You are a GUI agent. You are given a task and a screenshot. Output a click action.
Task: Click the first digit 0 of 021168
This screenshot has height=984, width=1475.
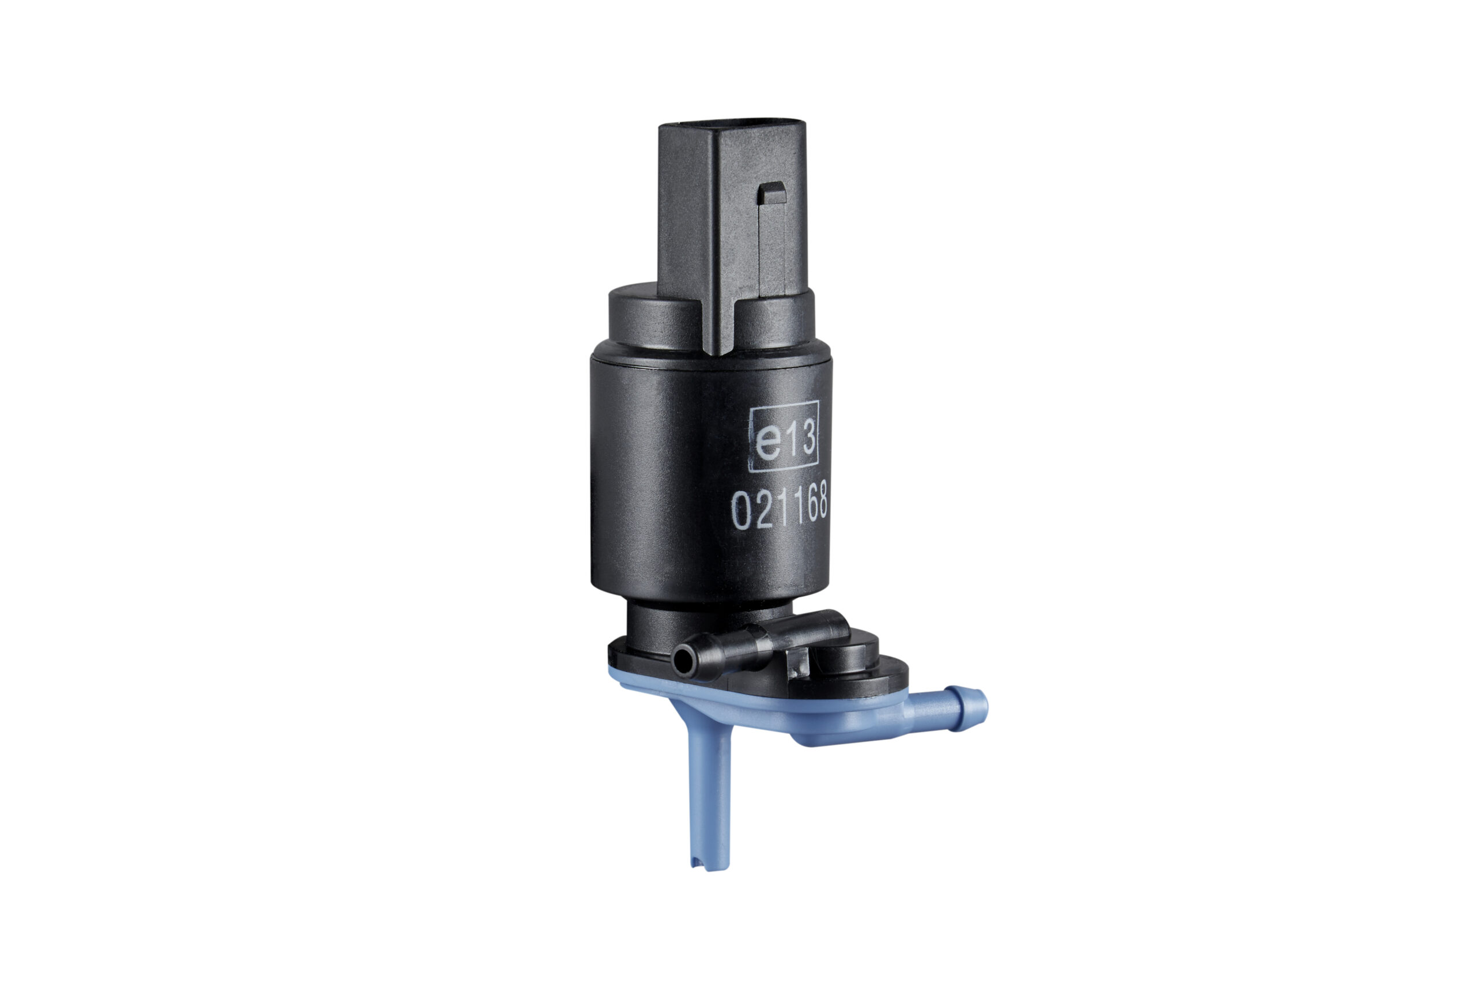(742, 511)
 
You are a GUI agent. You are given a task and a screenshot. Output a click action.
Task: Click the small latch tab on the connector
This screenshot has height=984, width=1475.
(772, 193)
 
